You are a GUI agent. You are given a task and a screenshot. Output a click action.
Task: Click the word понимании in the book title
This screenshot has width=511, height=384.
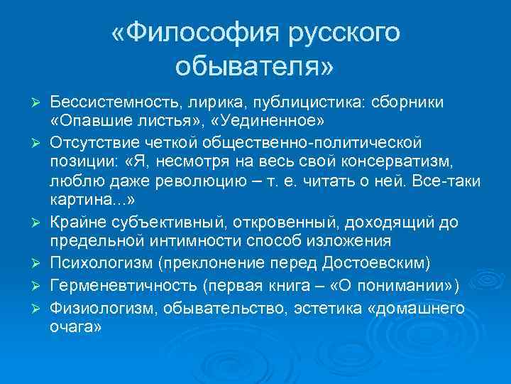pos(405,286)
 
